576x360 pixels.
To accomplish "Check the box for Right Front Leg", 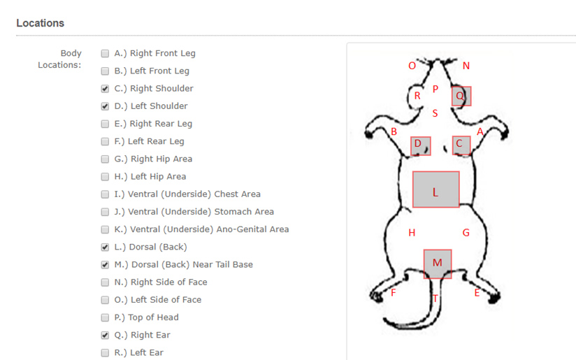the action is (105, 54).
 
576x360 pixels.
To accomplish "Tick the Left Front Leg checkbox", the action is (105, 71).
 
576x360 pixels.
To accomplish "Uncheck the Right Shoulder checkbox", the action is (105, 89).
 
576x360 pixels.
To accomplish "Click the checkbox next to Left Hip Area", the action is (105, 177).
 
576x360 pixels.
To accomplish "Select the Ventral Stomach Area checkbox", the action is (105, 213).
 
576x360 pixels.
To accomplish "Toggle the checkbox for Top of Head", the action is (105, 318).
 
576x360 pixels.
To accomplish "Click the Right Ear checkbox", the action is (105, 336).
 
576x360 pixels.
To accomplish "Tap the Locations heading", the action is (41, 23).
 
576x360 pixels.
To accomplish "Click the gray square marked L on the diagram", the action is (436, 189).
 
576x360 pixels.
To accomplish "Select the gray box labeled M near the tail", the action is (438, 264).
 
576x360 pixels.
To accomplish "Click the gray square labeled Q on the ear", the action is (461, 96).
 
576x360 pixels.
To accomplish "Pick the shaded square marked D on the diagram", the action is (421, 146).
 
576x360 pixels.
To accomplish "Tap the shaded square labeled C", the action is (461, 145).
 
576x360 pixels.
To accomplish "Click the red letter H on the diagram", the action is (412, 233).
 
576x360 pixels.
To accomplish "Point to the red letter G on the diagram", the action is (466, 233).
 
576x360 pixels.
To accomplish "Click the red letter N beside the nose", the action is (466, 66).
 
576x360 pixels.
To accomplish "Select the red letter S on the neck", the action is (435, 113).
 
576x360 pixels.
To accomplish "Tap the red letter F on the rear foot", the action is (394, 293).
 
